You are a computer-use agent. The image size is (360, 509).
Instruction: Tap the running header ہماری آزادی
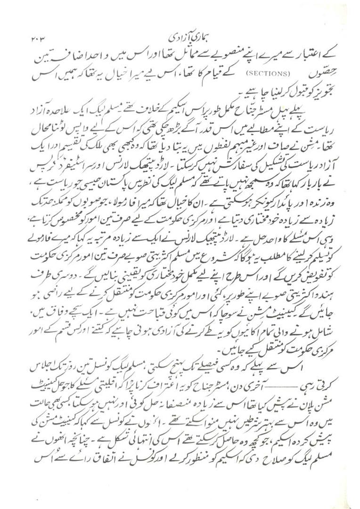[x=180, y=36]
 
